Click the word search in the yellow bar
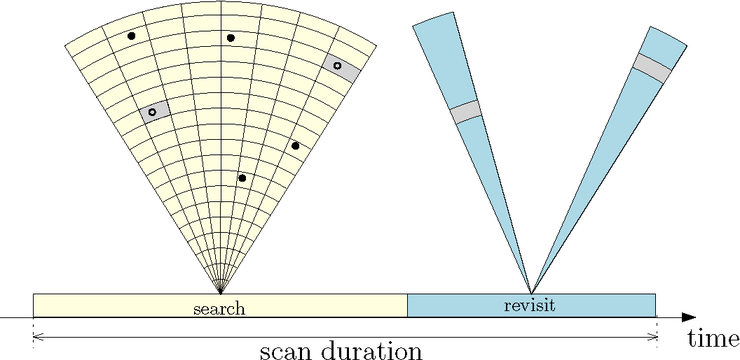tap(219, 306)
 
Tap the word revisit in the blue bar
tap(531, 304)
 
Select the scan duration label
tap(341, 350)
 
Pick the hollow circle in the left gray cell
tap(152, 113)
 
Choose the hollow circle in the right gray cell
tap(337, 66)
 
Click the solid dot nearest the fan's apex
tap(242, 178)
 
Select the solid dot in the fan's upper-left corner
tap(131, 36)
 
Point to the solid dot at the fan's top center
tap(230, 38)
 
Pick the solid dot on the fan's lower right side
tap(295, 146)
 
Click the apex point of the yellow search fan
tap(221, 292)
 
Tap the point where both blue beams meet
tap(531, 292)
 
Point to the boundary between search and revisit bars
tap(407, 305)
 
